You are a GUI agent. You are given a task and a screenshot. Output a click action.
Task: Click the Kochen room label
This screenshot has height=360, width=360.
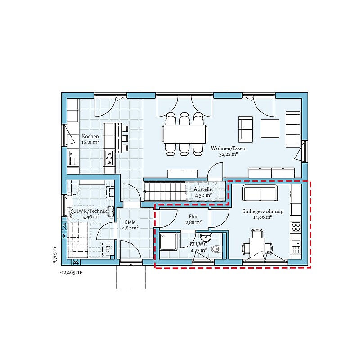90,136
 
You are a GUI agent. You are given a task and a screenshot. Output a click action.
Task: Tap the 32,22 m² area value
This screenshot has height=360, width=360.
228,154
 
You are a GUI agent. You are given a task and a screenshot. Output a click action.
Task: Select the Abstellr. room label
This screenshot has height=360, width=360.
203,189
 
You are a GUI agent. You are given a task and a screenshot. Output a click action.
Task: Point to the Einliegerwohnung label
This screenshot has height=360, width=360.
263,211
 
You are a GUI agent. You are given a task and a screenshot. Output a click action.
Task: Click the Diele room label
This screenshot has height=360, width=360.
130,222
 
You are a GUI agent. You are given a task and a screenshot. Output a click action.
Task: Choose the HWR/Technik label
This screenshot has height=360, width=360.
91,211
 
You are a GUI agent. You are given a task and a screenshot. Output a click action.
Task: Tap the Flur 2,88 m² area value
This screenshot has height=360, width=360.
194,222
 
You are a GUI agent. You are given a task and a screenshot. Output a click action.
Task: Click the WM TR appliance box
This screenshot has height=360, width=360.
108,249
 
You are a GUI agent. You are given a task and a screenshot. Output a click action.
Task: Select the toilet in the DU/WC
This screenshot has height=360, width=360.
217,249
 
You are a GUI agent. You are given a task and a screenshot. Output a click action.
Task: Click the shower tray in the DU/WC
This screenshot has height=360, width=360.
168,242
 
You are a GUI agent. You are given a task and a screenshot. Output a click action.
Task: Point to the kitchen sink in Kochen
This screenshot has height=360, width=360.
73,158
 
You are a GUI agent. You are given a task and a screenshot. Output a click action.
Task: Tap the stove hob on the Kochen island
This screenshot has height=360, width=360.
109,158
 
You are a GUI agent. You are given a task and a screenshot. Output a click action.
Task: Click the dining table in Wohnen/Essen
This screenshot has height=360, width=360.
184,134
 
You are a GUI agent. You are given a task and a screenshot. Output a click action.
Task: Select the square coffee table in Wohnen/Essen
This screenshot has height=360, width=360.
270,128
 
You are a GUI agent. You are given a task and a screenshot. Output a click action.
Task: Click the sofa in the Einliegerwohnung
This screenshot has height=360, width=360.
260,193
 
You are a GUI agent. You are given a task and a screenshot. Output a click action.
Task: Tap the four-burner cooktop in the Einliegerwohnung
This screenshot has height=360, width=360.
296,227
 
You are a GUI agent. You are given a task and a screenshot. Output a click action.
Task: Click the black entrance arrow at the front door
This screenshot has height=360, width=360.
131,265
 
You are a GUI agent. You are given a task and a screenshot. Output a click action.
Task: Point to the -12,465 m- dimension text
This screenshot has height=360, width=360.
71,273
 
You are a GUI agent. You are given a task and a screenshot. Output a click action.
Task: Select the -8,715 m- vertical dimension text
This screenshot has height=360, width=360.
55,256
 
